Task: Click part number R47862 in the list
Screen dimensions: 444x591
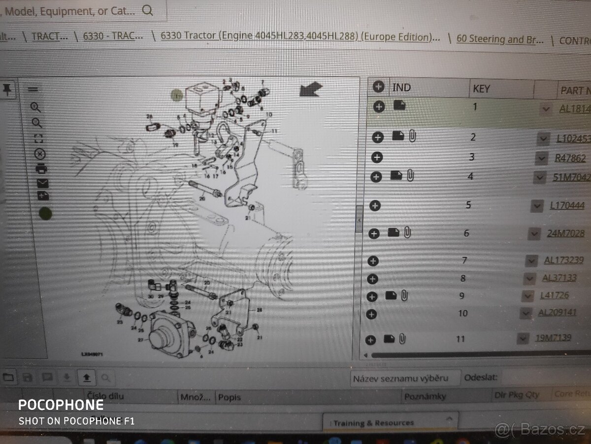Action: click(x=570, y=158)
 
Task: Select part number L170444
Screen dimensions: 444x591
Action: click(x=567, y=205)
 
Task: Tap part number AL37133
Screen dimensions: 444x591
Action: click(x=559, y=278)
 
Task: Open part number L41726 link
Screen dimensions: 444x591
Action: click(x=554, y=296)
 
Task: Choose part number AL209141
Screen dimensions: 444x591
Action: click(x=557, y=312)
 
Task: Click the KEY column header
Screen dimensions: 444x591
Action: click(x=481, y=89)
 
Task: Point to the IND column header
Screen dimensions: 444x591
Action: click(x=401, y=87)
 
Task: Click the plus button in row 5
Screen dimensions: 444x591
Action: click(x=375, y=206)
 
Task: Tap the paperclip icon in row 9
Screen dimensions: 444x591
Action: click(x=404, y=296)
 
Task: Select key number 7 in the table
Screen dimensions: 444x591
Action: click(x=464, y=260)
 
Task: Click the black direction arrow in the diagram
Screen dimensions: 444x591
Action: click(x=311, y=89)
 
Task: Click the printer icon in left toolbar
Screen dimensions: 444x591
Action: click(x=41, y=168)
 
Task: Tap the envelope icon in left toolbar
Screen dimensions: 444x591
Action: click(x=42, y=183)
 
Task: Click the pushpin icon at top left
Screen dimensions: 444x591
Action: click(x=7, y=89)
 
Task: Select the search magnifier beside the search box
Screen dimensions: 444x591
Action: click(x=147, y=10)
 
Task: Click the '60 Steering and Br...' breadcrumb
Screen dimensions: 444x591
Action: click(x=500, y=39)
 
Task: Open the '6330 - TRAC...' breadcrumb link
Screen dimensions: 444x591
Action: click(x=113, y=36)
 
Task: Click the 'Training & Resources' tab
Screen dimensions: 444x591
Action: click(x=374, y=423)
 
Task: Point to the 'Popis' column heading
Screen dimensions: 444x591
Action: click(x=230, y=397)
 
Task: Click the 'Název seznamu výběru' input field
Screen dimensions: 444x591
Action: click(x=405, y=378)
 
